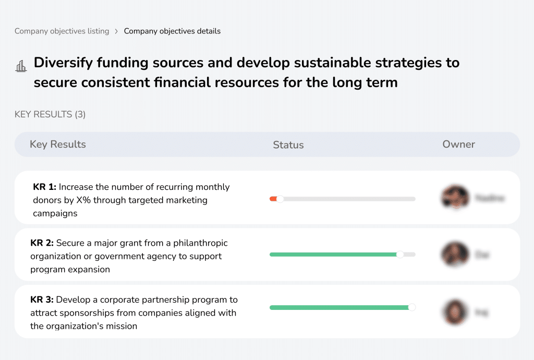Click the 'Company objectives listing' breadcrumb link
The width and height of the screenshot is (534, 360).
[62, 31]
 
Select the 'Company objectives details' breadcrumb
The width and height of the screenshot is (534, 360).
[172, 31]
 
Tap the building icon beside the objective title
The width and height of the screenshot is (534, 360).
[21, 66]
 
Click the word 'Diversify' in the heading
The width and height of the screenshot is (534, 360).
[63, 63]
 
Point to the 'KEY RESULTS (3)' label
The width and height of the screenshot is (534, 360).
[50, 114]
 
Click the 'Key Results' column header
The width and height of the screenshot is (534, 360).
[58, 145]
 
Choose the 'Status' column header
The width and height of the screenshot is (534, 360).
[288, 145]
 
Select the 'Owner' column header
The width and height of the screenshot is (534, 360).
[458, 145]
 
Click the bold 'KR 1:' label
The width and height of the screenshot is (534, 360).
[44, 187]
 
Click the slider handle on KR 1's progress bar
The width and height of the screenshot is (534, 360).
[280, 199]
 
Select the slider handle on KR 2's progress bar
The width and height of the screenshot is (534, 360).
[400, 255]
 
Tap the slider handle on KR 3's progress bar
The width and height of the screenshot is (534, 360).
[411, 308]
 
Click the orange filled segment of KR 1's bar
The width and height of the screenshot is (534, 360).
[273, 199]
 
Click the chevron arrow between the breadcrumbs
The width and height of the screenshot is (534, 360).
[116, 31]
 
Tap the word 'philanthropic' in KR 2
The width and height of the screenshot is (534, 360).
[200, 243]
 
